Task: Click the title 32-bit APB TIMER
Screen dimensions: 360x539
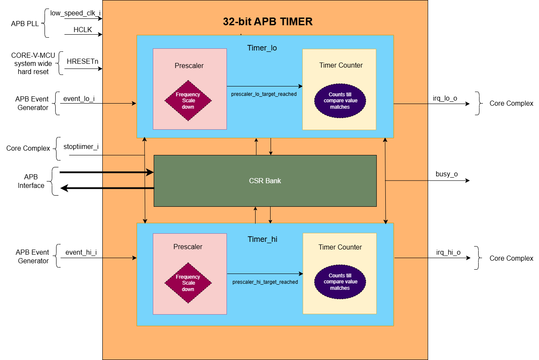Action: coord(268,22)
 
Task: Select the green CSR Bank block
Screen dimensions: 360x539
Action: coord(265,181)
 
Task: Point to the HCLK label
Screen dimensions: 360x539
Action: coord(83,30)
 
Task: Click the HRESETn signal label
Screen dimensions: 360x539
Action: coord(83,61)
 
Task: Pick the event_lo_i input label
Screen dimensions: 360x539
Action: coord(79,99)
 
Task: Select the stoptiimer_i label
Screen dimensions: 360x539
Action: coord(81,147)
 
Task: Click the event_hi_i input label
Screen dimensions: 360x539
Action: coord(81,253)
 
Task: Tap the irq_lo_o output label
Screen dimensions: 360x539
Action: coord(444,98)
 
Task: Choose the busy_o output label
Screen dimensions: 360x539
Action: coord(447,174)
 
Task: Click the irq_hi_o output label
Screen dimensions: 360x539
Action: coord(448,253)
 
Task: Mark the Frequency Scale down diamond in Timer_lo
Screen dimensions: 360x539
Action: coord(188,101)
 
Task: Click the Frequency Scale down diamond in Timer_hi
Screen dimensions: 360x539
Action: coord(188,283)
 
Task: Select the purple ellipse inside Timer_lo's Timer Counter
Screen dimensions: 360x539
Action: coord(340,101)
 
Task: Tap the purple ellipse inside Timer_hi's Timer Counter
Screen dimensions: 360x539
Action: coord(340,282)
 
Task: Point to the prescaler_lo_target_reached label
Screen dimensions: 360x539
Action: coord(264,94)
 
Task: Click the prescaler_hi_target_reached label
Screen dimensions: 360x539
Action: coord(265,282)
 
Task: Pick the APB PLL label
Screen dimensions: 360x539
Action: coord(25,24)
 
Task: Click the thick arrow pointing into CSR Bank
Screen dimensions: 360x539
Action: coord(107,173)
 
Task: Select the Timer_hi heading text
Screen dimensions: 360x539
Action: coord(262,239)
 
